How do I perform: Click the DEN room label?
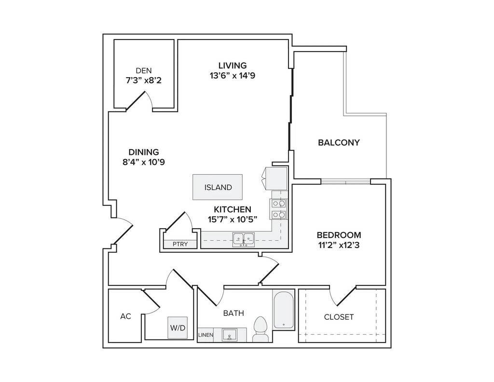[144, 70]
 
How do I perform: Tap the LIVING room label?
[233, 66]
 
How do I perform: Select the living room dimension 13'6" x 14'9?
[233, 76]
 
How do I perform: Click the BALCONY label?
[339, 143]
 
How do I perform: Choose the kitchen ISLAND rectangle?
[218, 187]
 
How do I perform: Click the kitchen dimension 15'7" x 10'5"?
[233, 219]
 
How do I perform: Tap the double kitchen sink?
[244, 240]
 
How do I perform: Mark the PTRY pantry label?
[180, 244]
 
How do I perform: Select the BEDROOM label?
[339, 235]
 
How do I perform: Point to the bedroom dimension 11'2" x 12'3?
[339, 245]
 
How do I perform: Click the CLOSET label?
[339, 317]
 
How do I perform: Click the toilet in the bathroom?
[260, 329]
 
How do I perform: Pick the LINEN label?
[206, 335]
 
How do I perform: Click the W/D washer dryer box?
[178, 327]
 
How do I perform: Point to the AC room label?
[126, 316]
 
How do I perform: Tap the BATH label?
[233, 313]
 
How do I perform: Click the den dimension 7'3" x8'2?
[144, 81]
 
